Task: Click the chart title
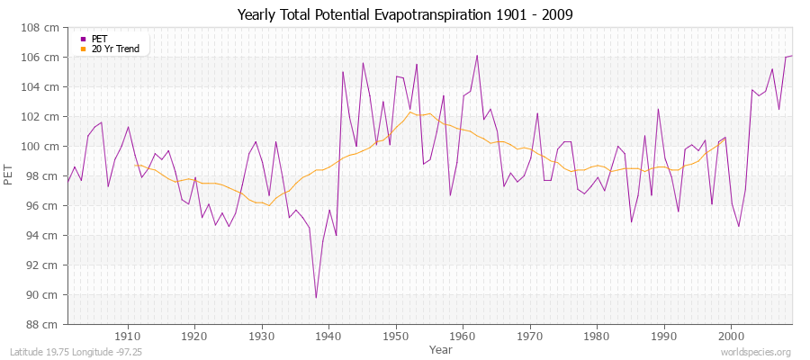405,15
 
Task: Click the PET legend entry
99,39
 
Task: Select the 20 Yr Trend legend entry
115,49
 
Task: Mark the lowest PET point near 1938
316,297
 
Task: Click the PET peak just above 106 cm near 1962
477,56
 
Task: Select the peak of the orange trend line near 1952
409,112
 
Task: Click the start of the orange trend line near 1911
135,165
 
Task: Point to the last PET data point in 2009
792,56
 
